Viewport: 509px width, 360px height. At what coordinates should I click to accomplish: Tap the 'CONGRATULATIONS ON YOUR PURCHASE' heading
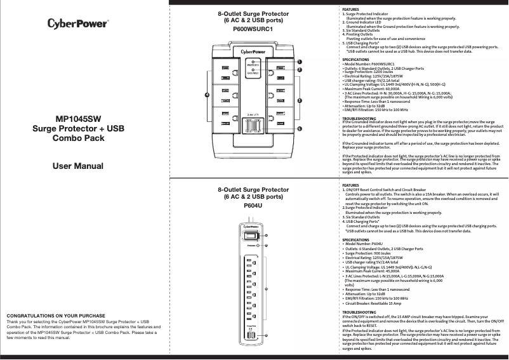point(55,316)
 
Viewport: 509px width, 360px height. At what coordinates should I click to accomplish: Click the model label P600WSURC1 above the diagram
point(253,29)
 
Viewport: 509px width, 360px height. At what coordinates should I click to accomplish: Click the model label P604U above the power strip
point(253,206)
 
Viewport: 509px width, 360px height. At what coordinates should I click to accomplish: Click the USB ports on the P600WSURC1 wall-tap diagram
point(253,126)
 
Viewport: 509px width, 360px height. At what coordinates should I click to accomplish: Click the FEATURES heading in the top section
point(350,10)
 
